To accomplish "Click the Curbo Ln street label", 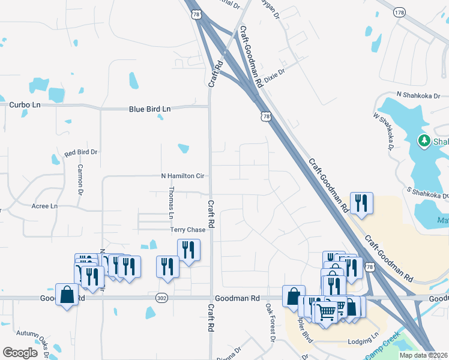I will (25, 104).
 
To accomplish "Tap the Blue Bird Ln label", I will (150, 109).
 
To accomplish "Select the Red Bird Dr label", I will (81, 153).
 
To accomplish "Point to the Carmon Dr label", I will (79, 181).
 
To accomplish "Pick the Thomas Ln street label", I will (171, 202).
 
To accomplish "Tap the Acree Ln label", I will (44, 206).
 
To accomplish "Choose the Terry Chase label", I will (188, 230).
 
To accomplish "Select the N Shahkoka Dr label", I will (422, 95).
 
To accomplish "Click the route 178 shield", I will (400, 12).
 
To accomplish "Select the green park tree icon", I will (424, 140).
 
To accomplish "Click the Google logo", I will (20, 352).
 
